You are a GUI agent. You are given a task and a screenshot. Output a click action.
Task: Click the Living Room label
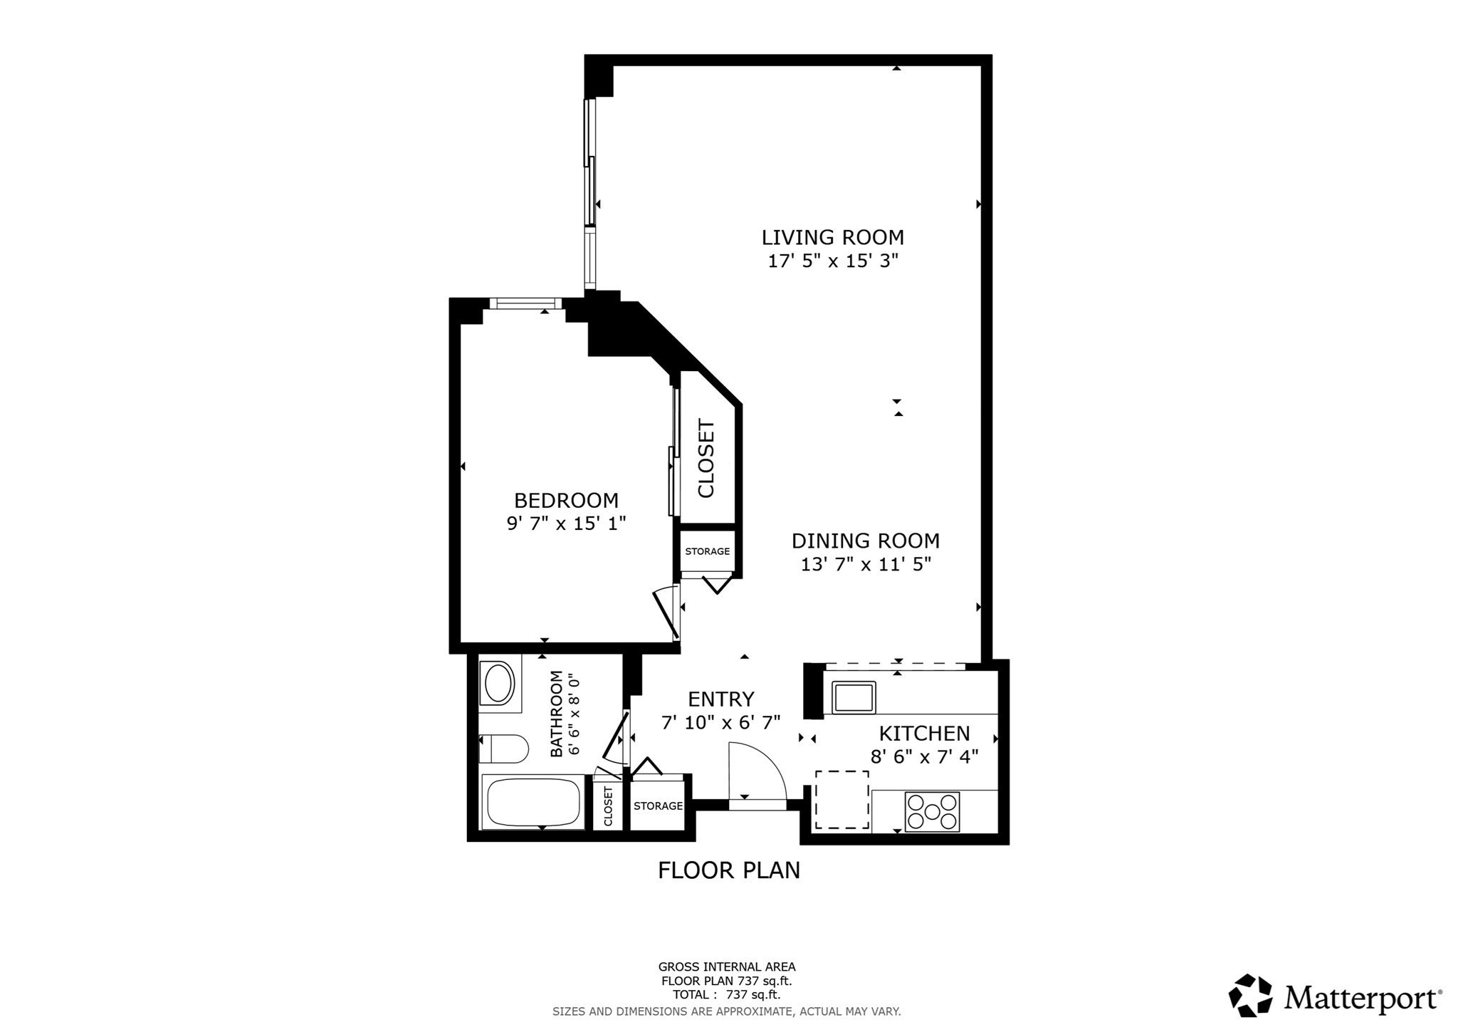point(832,237)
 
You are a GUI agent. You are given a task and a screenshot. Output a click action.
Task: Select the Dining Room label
point(865,541)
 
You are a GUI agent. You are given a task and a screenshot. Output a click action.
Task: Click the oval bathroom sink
point(499,683)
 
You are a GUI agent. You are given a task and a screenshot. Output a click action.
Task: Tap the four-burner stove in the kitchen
point(932,811)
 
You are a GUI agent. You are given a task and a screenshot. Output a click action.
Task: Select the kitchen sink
point(854,697)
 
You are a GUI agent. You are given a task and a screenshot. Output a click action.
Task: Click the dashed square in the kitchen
point(841,799)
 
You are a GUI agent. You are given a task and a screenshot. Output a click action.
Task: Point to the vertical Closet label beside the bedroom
point(706,459)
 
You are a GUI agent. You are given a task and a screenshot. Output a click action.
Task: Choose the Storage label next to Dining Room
point(707,551)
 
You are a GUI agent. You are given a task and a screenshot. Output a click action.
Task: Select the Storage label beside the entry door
point(658,806)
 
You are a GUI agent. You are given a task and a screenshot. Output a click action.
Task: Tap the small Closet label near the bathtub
point(608,806)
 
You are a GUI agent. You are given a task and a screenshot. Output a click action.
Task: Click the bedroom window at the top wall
point(525,304)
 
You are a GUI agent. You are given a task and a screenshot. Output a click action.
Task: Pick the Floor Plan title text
point(728,870)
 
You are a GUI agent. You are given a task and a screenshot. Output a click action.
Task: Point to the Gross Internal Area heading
point(726,966)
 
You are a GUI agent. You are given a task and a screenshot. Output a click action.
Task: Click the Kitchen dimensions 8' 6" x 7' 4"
point(924,756)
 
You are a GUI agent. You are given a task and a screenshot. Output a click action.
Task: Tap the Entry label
point(720,699)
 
